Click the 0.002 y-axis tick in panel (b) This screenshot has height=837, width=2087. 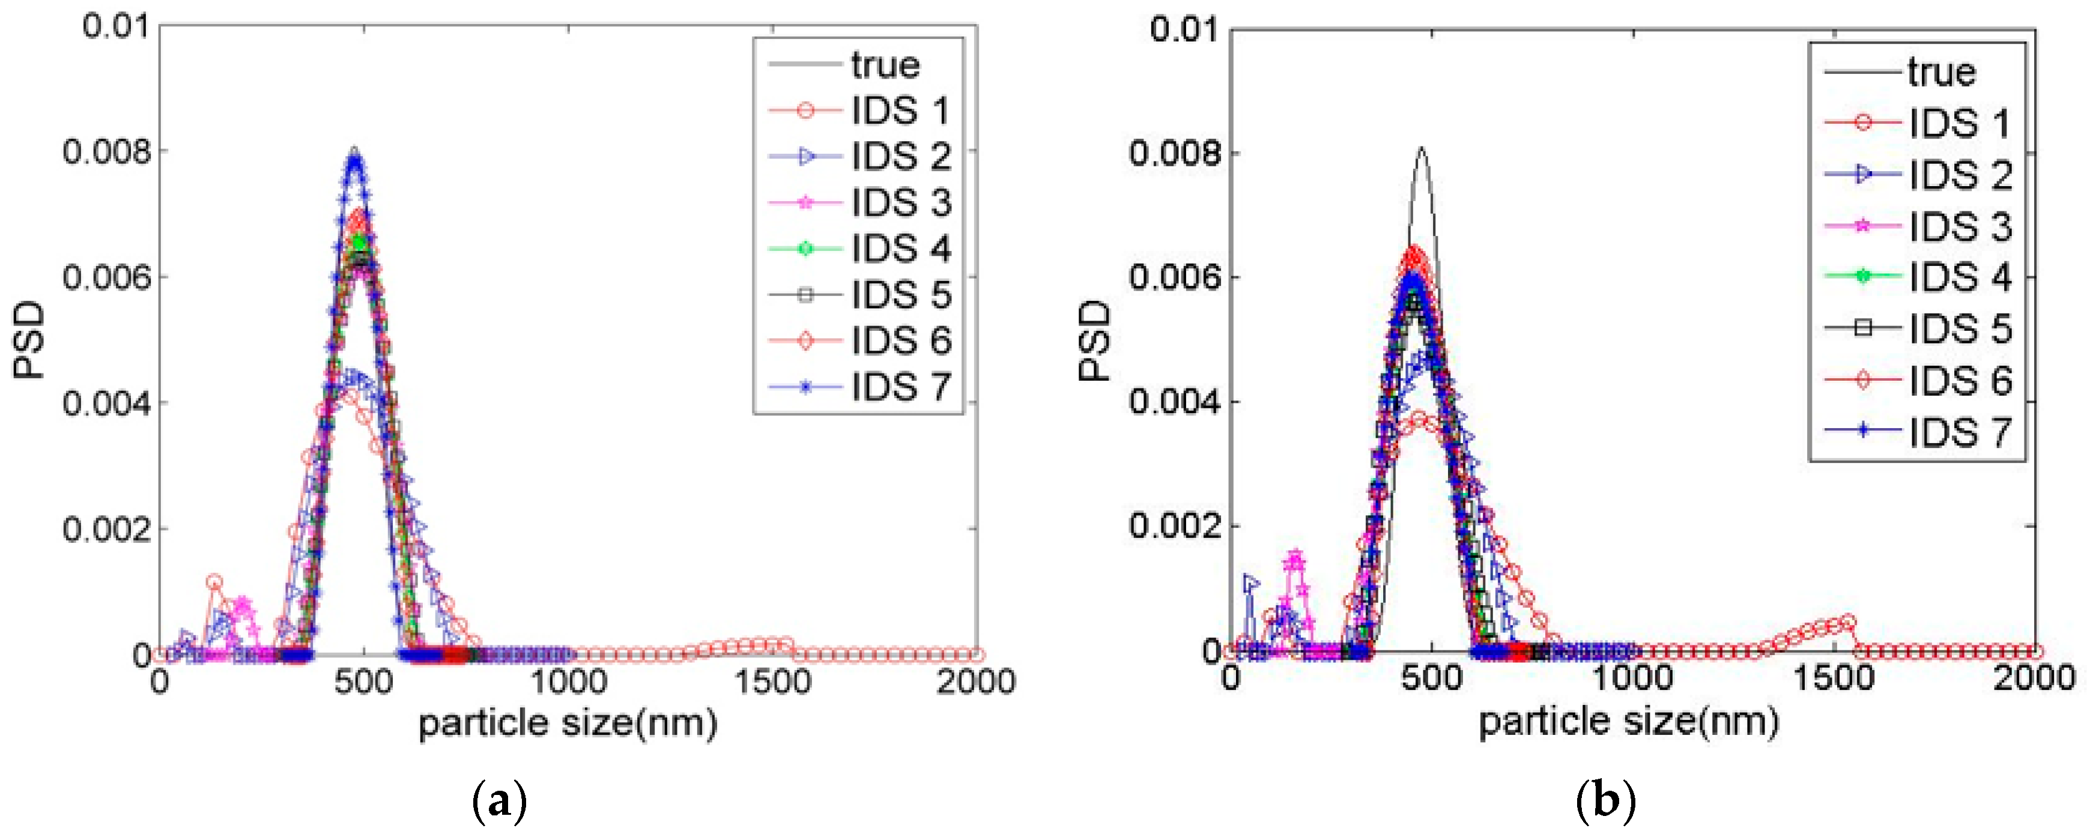1174,527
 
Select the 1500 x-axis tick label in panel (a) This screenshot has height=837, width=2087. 772,681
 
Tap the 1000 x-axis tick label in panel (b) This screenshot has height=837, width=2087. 1632,677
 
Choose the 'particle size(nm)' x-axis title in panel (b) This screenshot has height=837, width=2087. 1628,721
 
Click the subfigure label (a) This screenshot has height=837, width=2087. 499,802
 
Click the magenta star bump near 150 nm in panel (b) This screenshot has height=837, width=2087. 1295,559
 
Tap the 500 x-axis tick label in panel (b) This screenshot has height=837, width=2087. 1432,677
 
